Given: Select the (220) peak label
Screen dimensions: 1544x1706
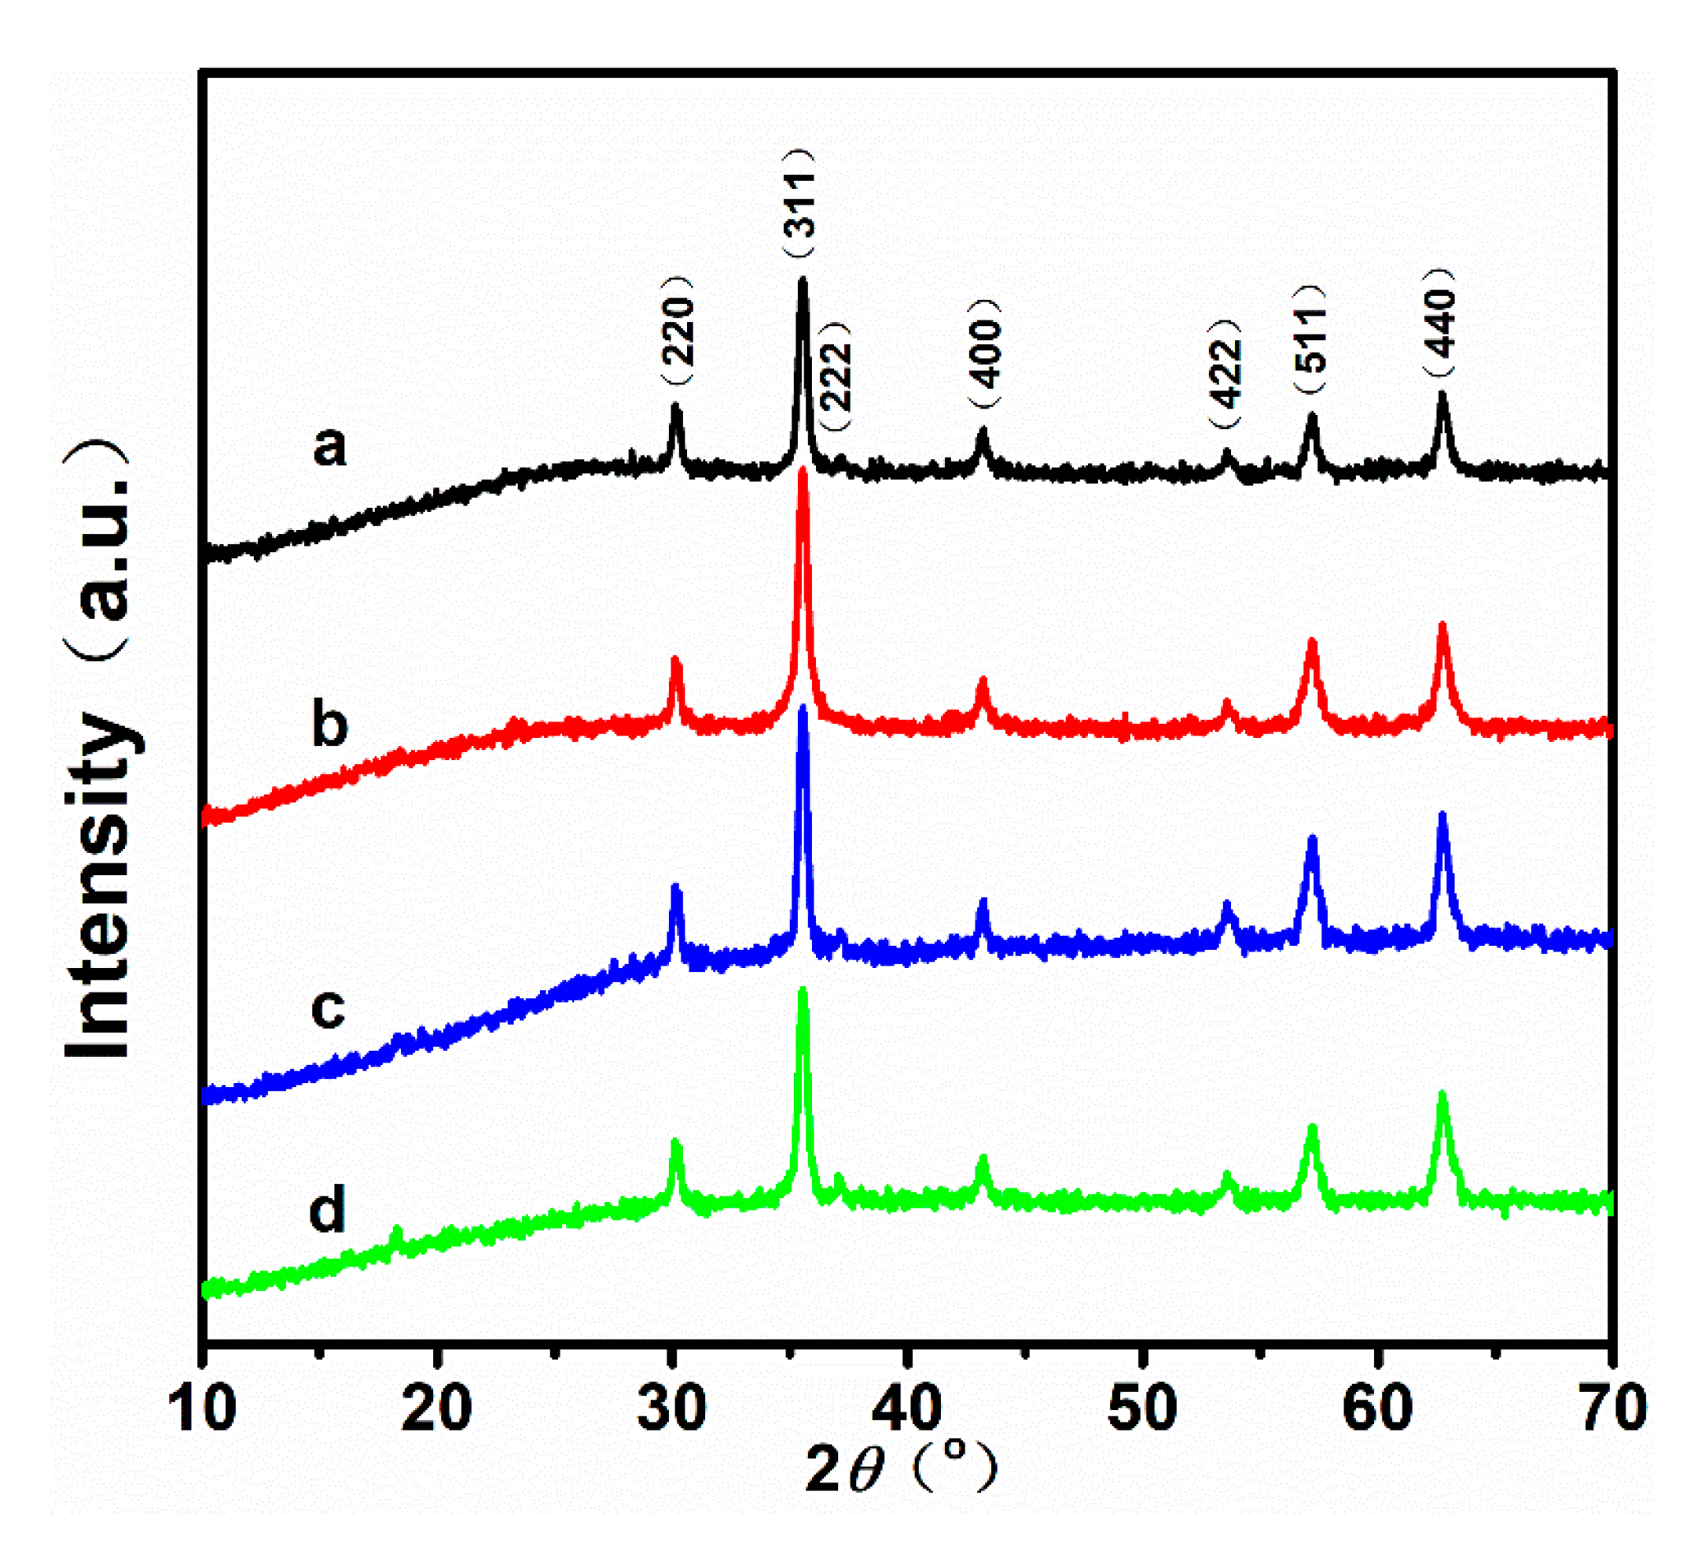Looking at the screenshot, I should point(678,331).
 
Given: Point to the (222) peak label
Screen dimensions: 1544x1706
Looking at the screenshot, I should point(836,376).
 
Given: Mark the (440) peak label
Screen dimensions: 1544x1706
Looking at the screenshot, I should point(1440,322).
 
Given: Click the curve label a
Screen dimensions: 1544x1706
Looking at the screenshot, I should point(330,446).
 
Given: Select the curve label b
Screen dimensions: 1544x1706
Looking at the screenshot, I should point(330,724).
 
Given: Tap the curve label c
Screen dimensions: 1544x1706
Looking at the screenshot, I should point(329,1007).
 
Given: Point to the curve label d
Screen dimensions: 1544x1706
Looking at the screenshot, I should point(329,1208).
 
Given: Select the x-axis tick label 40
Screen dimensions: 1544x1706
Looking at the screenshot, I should point(906,1408).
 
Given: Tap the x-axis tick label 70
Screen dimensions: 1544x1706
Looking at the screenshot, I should point(1613,1408).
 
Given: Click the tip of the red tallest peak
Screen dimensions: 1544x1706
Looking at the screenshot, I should point(803,470).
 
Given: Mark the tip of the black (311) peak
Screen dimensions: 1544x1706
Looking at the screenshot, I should point(802,281).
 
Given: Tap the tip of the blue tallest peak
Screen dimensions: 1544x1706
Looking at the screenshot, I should point(803,709).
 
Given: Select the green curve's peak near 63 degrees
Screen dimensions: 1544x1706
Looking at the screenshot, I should point(1443,1095).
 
